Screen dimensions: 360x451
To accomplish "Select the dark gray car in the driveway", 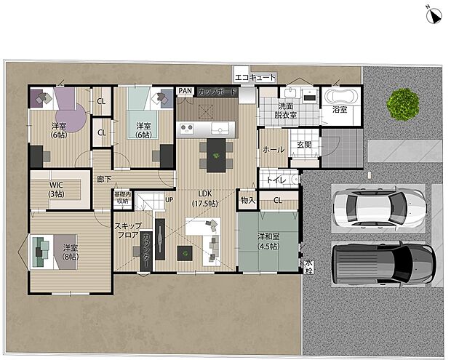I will coord(383,263).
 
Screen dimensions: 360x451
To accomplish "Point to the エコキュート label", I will coord(255,77).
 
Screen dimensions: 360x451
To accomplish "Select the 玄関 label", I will coord(303,145).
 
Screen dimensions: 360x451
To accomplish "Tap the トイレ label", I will coord(274,180).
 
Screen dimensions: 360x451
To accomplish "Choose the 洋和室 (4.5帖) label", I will coord(268,240).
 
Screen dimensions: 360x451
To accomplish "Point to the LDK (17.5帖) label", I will coord(205,199).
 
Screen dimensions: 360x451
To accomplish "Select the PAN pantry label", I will coord(185,91).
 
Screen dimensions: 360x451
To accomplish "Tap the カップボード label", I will coord(215,92).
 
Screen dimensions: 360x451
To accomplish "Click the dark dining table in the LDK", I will coord(215,153).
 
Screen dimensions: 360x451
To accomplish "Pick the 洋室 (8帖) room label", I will coord(70,252).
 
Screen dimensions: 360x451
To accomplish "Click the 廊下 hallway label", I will coord(104,179).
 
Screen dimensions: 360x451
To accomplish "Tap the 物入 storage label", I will coord(247,200).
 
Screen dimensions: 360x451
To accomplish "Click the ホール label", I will coord(274,149).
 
